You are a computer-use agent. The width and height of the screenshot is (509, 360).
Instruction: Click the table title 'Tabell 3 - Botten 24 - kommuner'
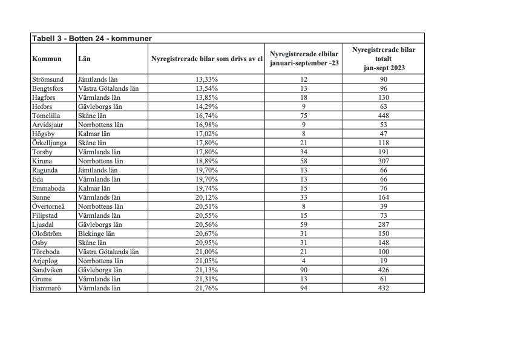(x=91, y=38)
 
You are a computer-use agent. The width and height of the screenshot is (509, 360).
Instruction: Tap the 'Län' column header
(x=85, y=59)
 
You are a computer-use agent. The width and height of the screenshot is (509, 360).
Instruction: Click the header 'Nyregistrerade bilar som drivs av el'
(x=207, y=59)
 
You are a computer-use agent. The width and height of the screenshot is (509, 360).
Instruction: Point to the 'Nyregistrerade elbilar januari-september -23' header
(x=304, y=59)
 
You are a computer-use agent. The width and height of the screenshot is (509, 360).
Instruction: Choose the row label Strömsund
(x=48, y=79)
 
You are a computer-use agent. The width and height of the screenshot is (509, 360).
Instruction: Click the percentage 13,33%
(x=207, y=79)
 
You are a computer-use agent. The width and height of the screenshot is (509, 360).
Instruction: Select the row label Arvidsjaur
(x=47, y=125)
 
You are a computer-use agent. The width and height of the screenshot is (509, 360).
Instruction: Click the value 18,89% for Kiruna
(x=207, y=161)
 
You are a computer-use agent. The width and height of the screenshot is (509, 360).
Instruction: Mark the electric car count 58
(x=304, y=161)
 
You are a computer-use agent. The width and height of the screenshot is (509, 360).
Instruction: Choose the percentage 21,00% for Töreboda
(x=207, y=252)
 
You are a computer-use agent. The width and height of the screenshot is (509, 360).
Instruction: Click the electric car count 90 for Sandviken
(x=304, y=270)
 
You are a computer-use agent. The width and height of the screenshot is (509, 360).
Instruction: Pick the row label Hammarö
(x=46, y=288)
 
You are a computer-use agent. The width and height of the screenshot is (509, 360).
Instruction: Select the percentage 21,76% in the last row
(x=207, y=288)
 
